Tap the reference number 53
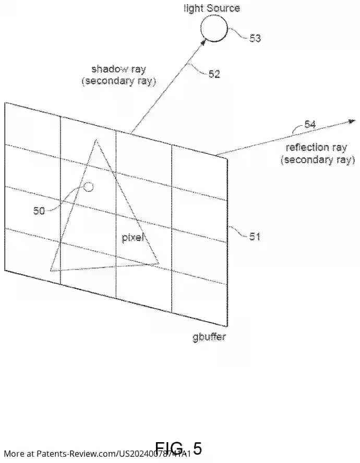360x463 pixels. click(x=255, y=38)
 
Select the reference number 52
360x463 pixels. click(x=214, y=74)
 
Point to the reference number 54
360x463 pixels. click(x=310, y=124)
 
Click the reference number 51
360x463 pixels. click(x=254, y=237)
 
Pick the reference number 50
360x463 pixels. click(x=39, y=211)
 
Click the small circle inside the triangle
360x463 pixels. click(x=88, y=187)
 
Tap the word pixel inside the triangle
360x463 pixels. click(x=133, y=238)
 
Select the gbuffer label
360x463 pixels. click(x=209, y=337)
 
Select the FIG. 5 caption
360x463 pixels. click(x=178, y=448)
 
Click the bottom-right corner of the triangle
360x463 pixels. click(x=159, y=263)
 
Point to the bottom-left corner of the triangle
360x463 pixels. click(x=51, y=270)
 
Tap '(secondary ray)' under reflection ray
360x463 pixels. click(x=317, y=160)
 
